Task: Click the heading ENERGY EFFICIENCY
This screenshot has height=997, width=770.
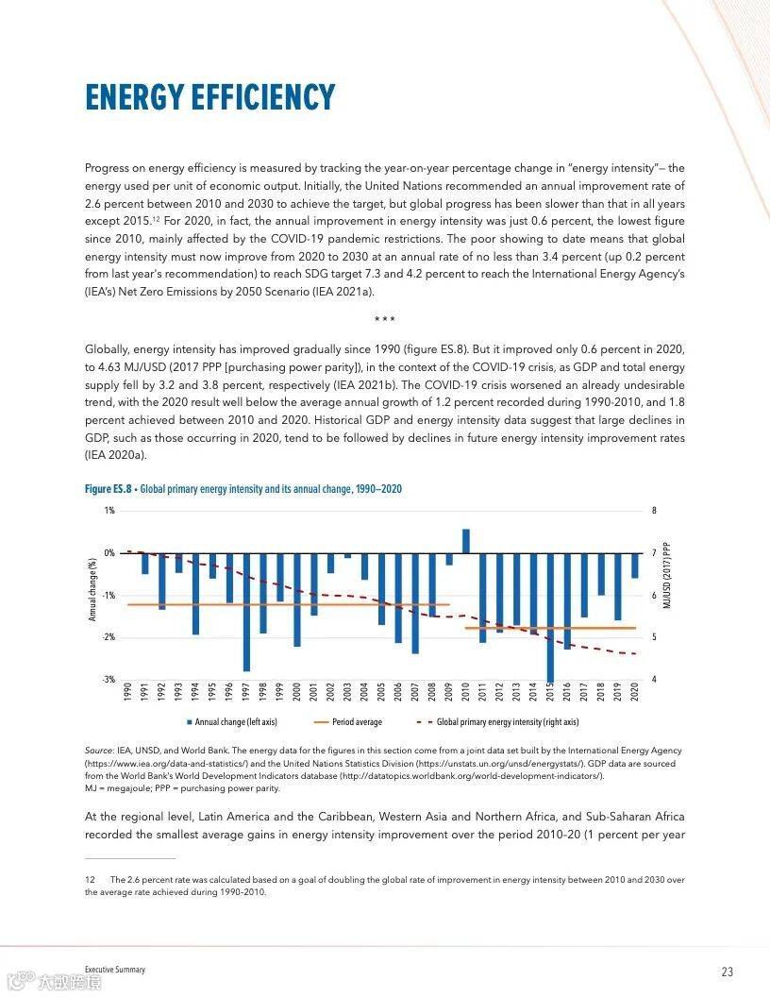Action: pos(209,98)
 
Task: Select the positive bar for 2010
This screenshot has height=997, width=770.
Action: pos(465,541)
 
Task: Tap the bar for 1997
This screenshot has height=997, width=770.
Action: pos(246,612)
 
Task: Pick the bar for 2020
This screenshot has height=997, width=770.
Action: pos(635,566)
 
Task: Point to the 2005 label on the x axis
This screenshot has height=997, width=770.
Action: pos(381,691)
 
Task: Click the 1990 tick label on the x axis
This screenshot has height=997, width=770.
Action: pos(127,691)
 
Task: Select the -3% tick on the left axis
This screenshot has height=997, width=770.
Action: pos(109,680)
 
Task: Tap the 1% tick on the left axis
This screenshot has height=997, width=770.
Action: pos(109,511)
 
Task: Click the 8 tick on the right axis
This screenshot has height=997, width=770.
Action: pos(653,511)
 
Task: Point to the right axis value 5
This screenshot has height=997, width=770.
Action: pos(653,638)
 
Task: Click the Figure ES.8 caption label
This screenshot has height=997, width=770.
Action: pos(109,488)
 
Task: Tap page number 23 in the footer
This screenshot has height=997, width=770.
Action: pos(727,972)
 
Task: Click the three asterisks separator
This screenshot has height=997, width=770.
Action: pos(384,320)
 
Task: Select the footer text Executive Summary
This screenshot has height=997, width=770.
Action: pos(115,970)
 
